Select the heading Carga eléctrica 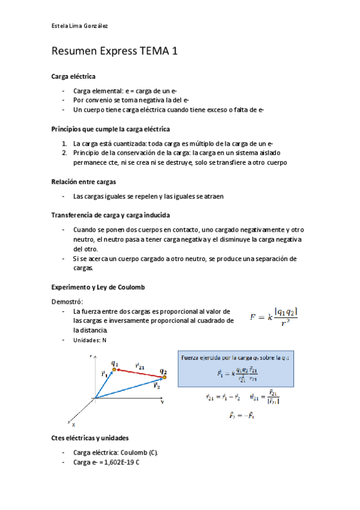pos(73,76)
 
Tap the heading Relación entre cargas pos(84,182)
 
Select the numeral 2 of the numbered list pos(64,153)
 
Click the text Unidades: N pos(90,340)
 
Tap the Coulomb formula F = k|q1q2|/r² pos(273,316)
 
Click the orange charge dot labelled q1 pos(114,369)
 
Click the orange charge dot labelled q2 pos(165,377)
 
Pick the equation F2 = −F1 pos(242,414)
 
